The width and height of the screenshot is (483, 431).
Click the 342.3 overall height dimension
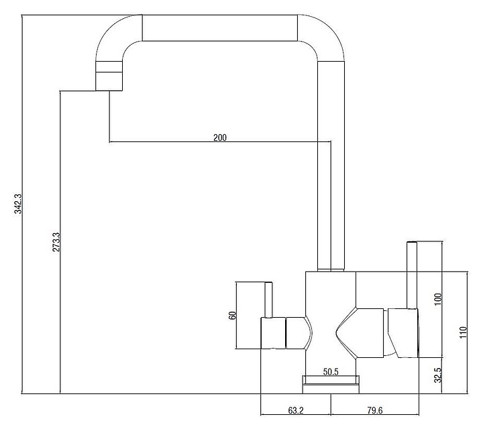18,204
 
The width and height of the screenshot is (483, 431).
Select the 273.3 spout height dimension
56,242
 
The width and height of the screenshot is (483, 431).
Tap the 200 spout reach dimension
220,137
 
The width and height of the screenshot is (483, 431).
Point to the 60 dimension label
232,316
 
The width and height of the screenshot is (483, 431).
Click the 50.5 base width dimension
331,372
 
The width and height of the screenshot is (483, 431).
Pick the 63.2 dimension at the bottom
296,410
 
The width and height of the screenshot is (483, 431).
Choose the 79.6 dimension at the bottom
374,410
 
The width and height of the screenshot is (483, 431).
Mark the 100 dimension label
437,299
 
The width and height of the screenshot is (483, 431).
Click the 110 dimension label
464,332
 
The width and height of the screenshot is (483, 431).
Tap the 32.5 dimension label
437,375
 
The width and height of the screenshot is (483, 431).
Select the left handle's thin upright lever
268,300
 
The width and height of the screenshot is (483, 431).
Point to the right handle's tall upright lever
412,275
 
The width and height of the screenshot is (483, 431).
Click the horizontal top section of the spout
219,27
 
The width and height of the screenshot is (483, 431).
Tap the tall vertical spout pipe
331,166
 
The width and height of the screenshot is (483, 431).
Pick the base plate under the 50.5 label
331,385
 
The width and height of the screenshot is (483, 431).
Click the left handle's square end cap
273,333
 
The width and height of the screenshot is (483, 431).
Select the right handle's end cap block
403,333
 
